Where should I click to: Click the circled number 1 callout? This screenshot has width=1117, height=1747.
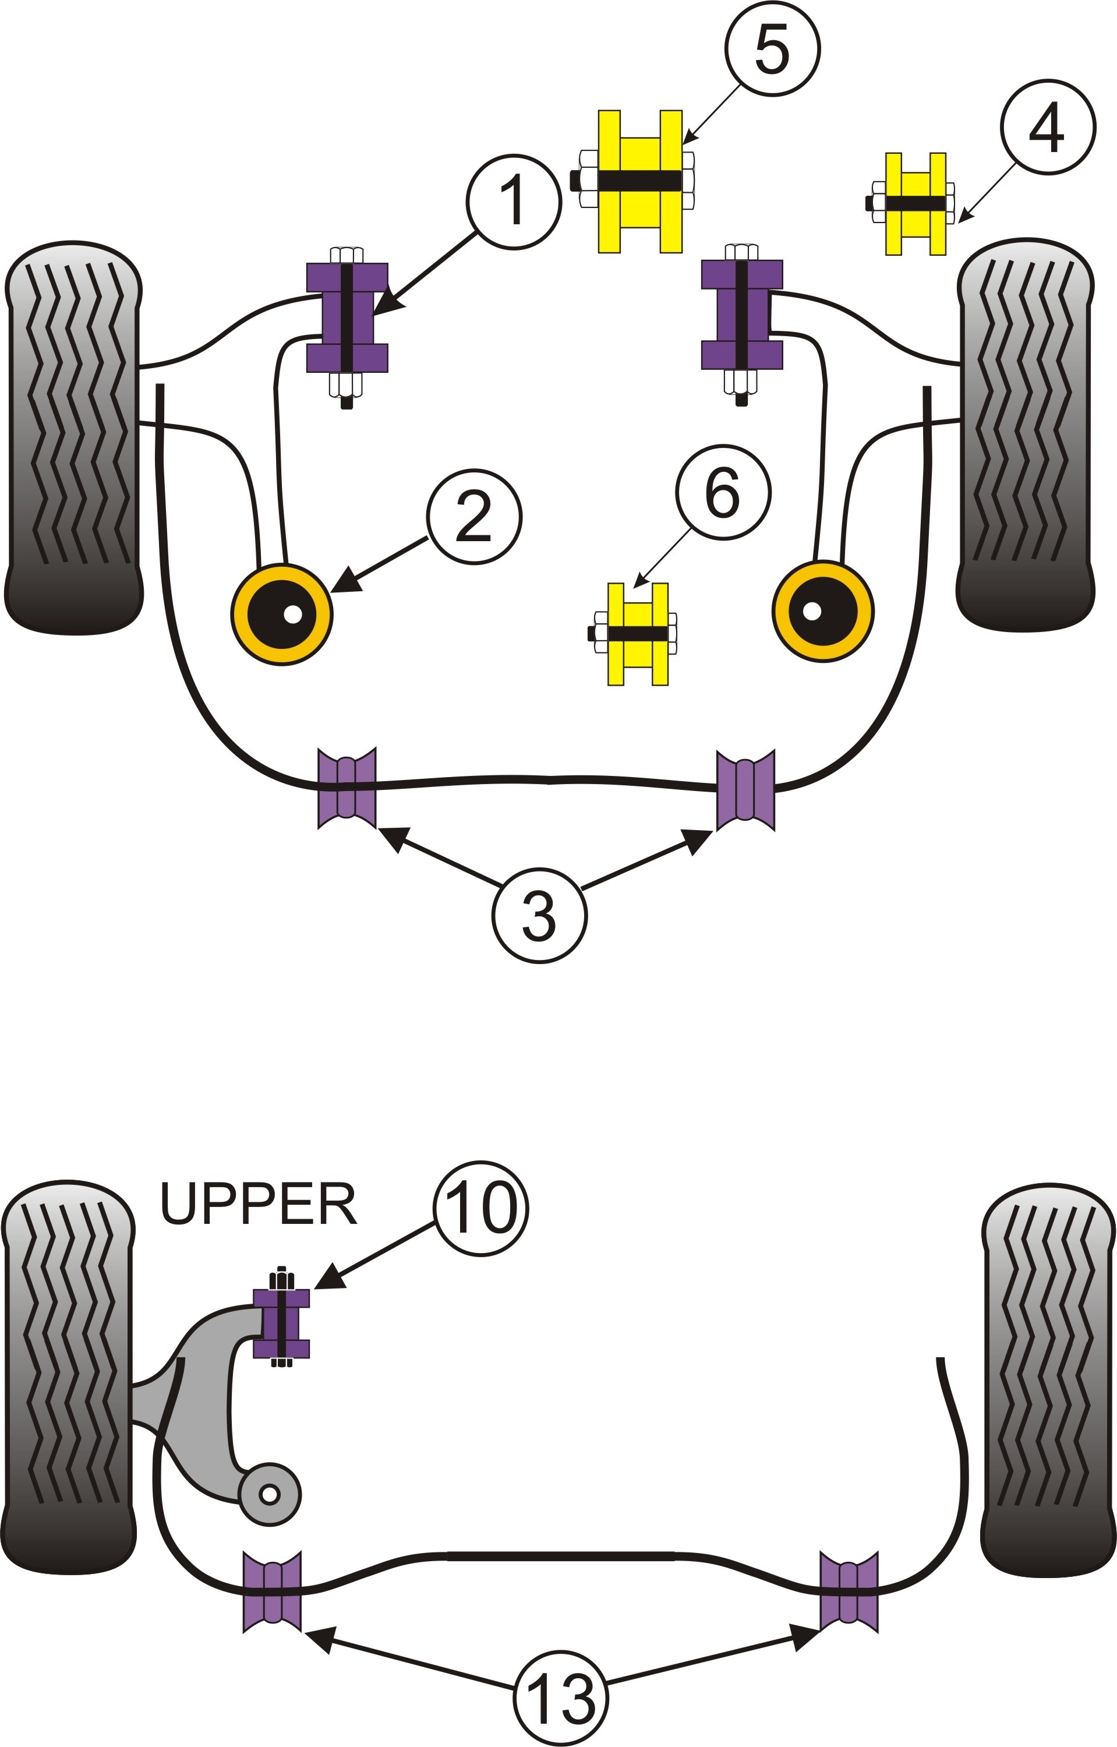click(x=514, y=202)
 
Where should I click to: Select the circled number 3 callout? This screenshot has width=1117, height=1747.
click(x=540, y=916)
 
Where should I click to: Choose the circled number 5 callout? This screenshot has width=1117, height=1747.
click(x=772, y=48)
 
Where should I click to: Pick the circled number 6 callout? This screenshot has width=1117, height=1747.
click(x=723, y=492)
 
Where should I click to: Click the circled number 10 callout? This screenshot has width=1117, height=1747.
click(x=481, y=1208)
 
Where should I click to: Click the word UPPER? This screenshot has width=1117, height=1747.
click(x=258, y=1204)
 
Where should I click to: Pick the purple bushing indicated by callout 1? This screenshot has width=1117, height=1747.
click(x=347, y=317)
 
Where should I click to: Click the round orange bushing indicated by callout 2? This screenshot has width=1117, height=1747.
click(x=282, y=614)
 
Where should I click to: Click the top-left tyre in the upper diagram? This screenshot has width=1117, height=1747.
click(x=73, y=437)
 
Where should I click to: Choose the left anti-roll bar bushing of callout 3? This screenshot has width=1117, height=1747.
click(x=347, y=787)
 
